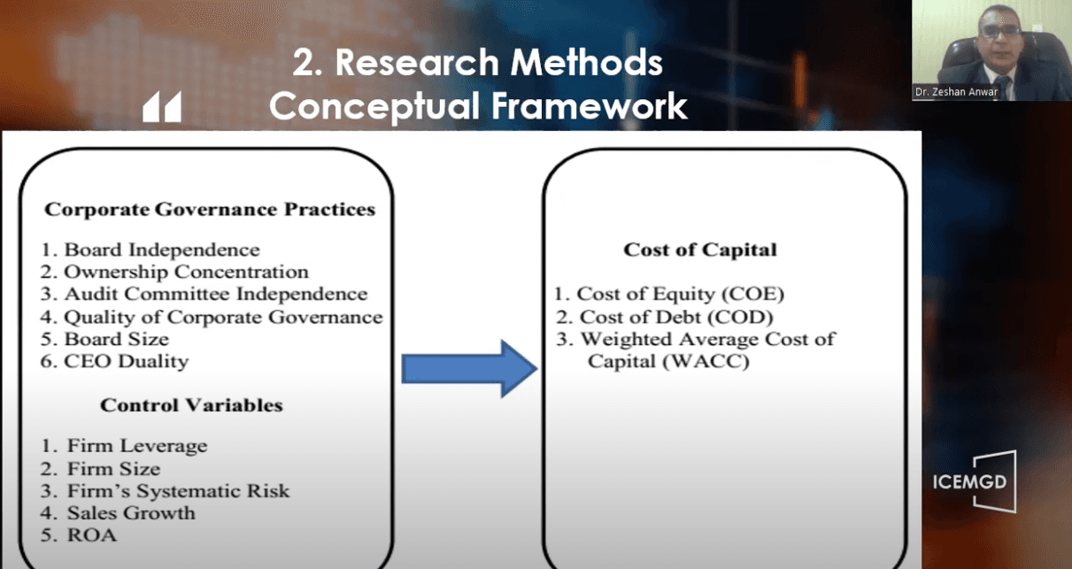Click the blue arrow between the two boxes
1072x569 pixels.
[469, 368]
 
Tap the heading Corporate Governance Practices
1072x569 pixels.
[210, 209]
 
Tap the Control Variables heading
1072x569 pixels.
[191, 405]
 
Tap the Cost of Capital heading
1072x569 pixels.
[699, 250]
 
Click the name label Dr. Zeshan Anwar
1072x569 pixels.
[956, 92]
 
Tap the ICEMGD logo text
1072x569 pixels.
[969, 482]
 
